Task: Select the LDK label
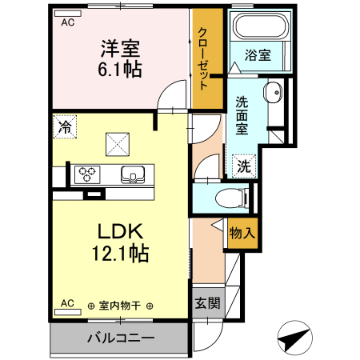pos(120,232)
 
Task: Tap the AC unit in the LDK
pos(67,304)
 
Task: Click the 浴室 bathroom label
pos(258,55)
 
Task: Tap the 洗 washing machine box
pos(243,166)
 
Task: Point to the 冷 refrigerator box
pos(66,126)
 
